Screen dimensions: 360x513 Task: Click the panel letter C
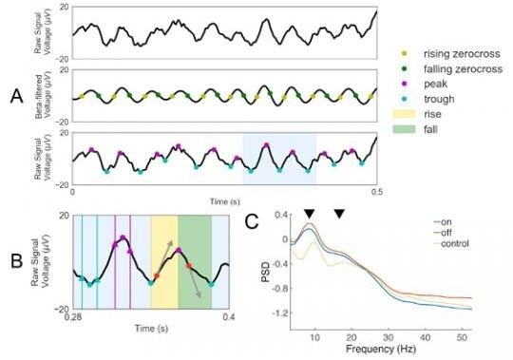(249, 223)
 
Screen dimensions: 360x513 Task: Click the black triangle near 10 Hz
(309, 212)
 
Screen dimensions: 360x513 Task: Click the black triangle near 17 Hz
(339, 212)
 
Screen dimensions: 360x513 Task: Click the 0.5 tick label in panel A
(376, 195)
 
